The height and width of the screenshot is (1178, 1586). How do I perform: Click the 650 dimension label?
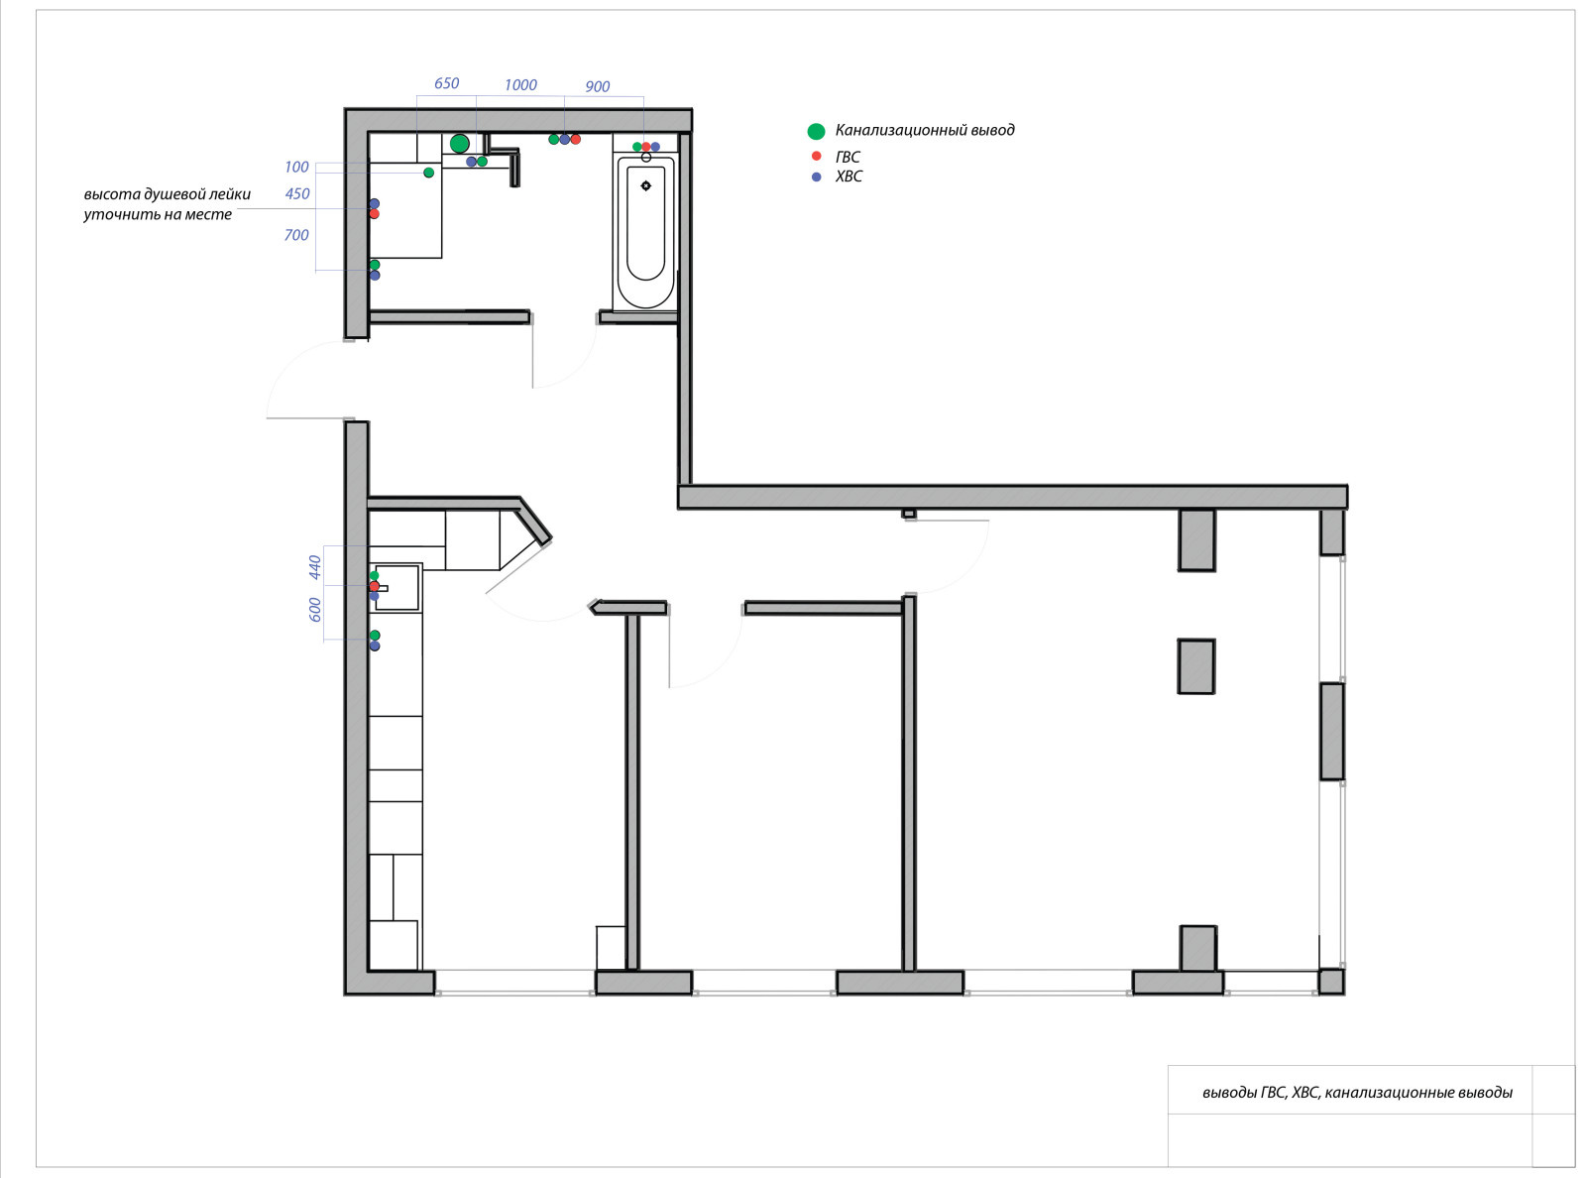click(x=447, y=83)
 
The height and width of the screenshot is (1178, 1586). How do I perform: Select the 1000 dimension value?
click(x=520, y=85)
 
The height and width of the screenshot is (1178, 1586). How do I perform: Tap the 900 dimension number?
click(x=598, y=86)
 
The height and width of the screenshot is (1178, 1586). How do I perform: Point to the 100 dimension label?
click(x=296, y=168)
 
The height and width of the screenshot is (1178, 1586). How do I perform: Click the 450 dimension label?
click(x=297, y=193)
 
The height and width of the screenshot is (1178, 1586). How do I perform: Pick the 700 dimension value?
click(x=296, y=235)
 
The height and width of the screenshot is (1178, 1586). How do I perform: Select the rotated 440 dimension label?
click(x=315, y=567)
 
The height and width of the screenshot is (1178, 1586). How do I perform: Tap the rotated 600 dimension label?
click(x=315, y=610)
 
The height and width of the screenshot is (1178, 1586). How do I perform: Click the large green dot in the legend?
click(x=816, y=131)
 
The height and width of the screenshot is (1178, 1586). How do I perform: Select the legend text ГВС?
click(x=848, y=158)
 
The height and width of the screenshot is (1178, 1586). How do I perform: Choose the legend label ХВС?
click(x=849, y=177)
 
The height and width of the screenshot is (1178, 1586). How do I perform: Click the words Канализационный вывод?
click(x=925, y=130)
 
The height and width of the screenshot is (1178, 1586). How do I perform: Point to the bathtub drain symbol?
click(x=645, y=186)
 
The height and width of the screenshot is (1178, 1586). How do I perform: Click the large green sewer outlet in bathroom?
click(x=460, y=144)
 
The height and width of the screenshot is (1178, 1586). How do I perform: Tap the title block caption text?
click(x=1357, y=1092)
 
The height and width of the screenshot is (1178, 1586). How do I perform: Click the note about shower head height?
click(x=168, y=204)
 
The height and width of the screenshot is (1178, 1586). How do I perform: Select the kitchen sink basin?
click(x=396, y=588)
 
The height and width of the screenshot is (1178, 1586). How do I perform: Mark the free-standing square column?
click(x=1196, y=666)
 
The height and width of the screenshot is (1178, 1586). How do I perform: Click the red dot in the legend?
click(x=816, y=156)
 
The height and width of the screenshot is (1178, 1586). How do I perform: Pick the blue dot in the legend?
click(x=816, y=177)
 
